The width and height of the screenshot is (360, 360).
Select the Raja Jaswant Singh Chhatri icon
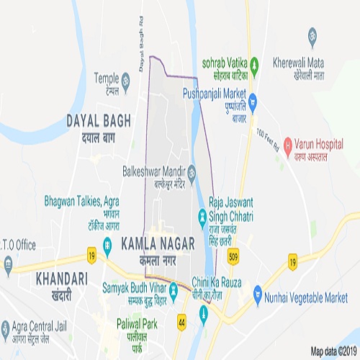[202, 216]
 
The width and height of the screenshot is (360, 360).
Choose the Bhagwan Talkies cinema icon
[107, 246]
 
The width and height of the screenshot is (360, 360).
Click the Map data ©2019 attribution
[333, 351]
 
